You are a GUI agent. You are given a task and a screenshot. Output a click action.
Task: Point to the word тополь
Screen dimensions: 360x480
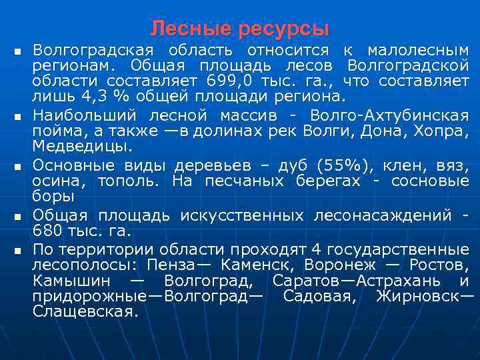[x=127, y=181]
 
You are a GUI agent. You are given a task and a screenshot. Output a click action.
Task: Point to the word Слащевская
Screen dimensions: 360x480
[x=85, y=311]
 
